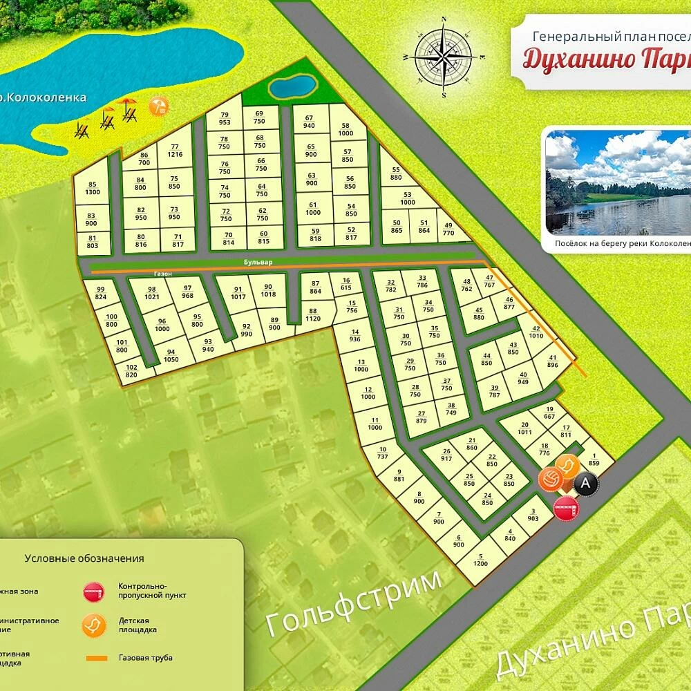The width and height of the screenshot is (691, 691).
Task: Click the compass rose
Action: click(444, 57)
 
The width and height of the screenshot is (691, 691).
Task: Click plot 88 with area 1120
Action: click(312, 315)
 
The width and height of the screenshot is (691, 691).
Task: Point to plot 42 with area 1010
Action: click(536, 332)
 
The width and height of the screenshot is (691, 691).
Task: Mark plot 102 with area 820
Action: click(131, 371)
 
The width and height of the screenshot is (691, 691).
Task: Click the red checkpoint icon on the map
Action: click(566, 509)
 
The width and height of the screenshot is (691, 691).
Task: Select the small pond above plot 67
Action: click(292, 87)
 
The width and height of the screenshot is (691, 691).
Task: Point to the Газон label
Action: click(163, 274)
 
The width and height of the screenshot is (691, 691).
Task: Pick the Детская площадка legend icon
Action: click(93, 625)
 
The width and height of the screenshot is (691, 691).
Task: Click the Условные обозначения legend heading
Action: click(84, 558)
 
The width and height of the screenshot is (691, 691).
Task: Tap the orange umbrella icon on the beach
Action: click(159, 106)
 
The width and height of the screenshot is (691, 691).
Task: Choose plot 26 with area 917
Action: click(446, 456)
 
